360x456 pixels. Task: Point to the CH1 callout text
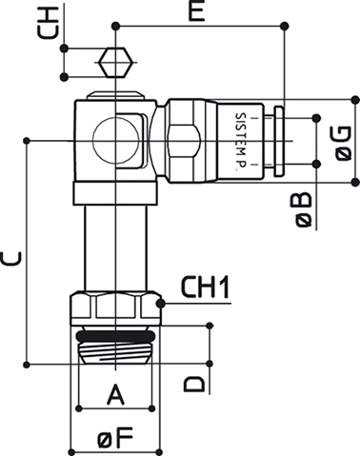[x=205, y=287]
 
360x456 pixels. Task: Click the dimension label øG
[x=343, y=144]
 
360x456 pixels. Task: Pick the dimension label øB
[x=304, y=210]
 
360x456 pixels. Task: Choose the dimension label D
[x=194, y=384]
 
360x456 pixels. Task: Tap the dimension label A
[x=115, y=394]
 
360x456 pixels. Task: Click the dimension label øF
[x=115, y=438]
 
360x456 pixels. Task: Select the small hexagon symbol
[x=115, y=62]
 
